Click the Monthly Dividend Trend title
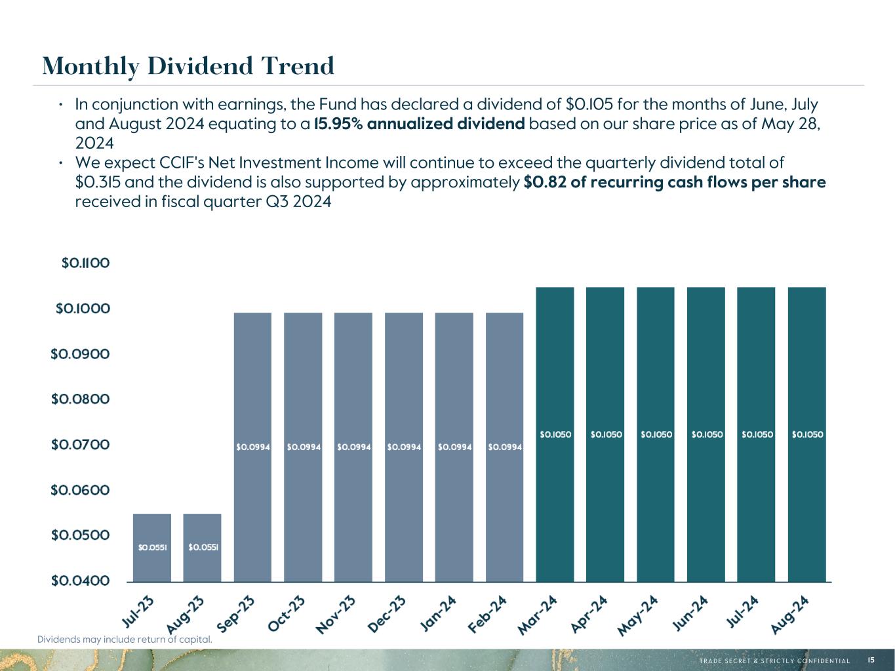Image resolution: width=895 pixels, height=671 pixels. click(x=188, y=66)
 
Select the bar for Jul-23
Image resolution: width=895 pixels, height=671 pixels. click(x=152, y=548)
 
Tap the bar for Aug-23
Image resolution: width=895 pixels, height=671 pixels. click(x=202, y=548)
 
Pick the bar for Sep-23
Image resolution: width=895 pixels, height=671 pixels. click(x=252, y=448)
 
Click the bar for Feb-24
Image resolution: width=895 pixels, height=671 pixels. click(x=504, y=448)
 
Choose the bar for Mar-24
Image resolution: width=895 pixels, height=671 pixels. click(x=555, y=434)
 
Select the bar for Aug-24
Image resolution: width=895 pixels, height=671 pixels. click(x=807, y=434)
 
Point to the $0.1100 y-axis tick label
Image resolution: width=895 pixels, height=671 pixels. click(x=86, y=263)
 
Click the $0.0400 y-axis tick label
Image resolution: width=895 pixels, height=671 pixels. click(x=81, y=581)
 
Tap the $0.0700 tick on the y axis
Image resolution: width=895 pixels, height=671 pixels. click(x=81, y=444)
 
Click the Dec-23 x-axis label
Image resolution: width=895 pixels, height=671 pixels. click(x=387, y=613)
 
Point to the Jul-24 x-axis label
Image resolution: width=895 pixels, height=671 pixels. click(x=742, y=612)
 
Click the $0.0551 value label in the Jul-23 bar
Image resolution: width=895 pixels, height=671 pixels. click(x=153, y=548)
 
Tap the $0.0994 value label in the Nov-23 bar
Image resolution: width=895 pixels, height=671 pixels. click(x=354, y=448)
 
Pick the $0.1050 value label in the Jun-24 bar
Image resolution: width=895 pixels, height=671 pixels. click(x=707, y=434)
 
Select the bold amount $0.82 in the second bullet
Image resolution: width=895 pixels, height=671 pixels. click(x=545, y=182)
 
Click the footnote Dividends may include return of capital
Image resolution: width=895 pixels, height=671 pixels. click(x=125, y=640)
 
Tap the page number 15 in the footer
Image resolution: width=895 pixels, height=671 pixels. click(x=871, y=660)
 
